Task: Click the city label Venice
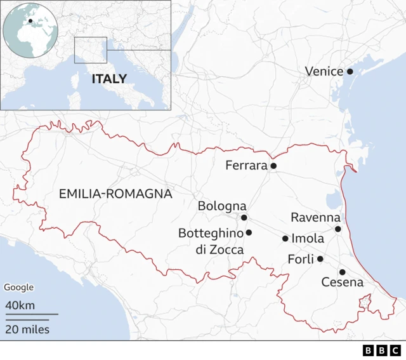point(324,72)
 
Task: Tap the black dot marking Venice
point(350,72)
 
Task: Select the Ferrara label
point(246,166)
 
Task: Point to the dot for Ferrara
point(273,166)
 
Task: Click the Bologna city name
point(222,206)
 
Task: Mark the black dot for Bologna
point(244,217)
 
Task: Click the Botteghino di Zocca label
point(211,241)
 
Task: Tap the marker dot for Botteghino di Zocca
point(249,232)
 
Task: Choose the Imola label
point(308,239)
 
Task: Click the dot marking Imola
point(285,239)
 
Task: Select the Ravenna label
point(315,217)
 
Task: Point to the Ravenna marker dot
point(338,229)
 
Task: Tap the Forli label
point(301,259)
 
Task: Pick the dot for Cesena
point(342,272)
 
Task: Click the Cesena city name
point(343,283)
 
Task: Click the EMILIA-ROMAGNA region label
point(115,194)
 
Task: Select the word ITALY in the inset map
point(109,79)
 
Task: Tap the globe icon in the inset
point(30,29)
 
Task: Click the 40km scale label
point(20,305)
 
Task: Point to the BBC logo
point(382,350)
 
